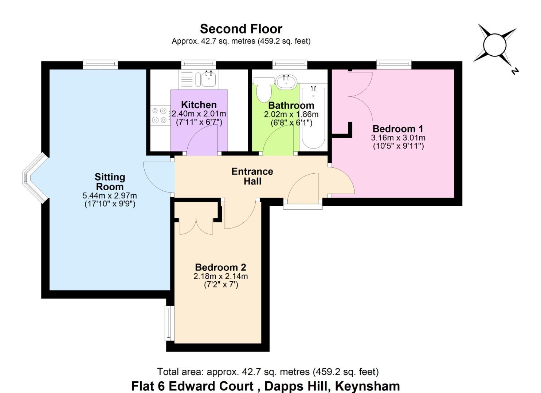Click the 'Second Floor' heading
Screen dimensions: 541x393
tap(241, 29)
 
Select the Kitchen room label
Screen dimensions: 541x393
tap(199, 105)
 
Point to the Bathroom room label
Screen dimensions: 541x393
tap(291, 106)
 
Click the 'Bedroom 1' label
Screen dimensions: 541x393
tap(398, 129)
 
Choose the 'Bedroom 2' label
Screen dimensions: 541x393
tap(220, 267)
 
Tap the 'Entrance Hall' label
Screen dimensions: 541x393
tap(252, 176)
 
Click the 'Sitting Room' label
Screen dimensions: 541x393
tap(110, 182)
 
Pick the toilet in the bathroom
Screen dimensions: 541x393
tap(263, 90)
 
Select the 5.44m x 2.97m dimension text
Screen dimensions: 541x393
tap(110, 195)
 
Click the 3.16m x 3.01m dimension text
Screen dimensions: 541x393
tap(398, 138)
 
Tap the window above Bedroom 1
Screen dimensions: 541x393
tap(394, 64)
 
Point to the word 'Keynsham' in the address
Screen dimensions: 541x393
tap(367, 386)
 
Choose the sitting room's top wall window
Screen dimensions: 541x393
tap(100, 64)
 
